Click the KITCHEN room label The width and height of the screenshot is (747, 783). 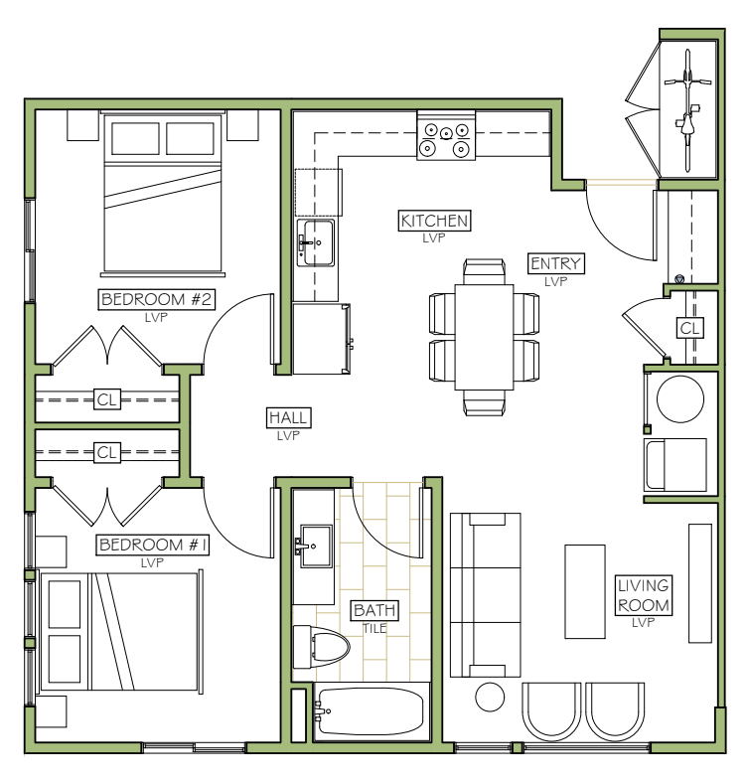(x=434, y=221)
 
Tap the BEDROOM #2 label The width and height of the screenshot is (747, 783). (x=156, y=300)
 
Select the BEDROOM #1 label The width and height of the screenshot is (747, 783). (x=153, y=545)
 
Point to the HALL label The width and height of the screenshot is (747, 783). (x=289, y=417)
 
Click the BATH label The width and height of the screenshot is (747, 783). (x=374, y=610)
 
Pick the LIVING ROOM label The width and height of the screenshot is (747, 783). (x=644, y=595)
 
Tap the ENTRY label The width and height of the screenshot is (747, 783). (x=555, y=263)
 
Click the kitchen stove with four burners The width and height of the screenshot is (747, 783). (x=446, y=135)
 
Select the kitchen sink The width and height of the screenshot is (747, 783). (x=316, y=242)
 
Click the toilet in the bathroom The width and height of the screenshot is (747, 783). (x=322, y=647)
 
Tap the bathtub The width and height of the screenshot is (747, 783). (x=371, y=711)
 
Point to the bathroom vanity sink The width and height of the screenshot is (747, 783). (x=316, y=546)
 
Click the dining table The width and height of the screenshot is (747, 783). (x=484, y=337)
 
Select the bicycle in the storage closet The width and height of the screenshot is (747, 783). (x=687, y=110)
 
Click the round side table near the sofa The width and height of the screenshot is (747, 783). (x=490, y=697)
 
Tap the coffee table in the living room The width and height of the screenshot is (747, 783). (x=585, y=592)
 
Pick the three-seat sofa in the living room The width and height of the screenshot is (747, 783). (x=486, y=595)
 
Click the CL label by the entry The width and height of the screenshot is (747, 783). (x=690, y=328)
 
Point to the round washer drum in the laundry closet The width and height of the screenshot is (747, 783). (x=680, y=399)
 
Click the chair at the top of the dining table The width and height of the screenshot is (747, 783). (x=484, y=272)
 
